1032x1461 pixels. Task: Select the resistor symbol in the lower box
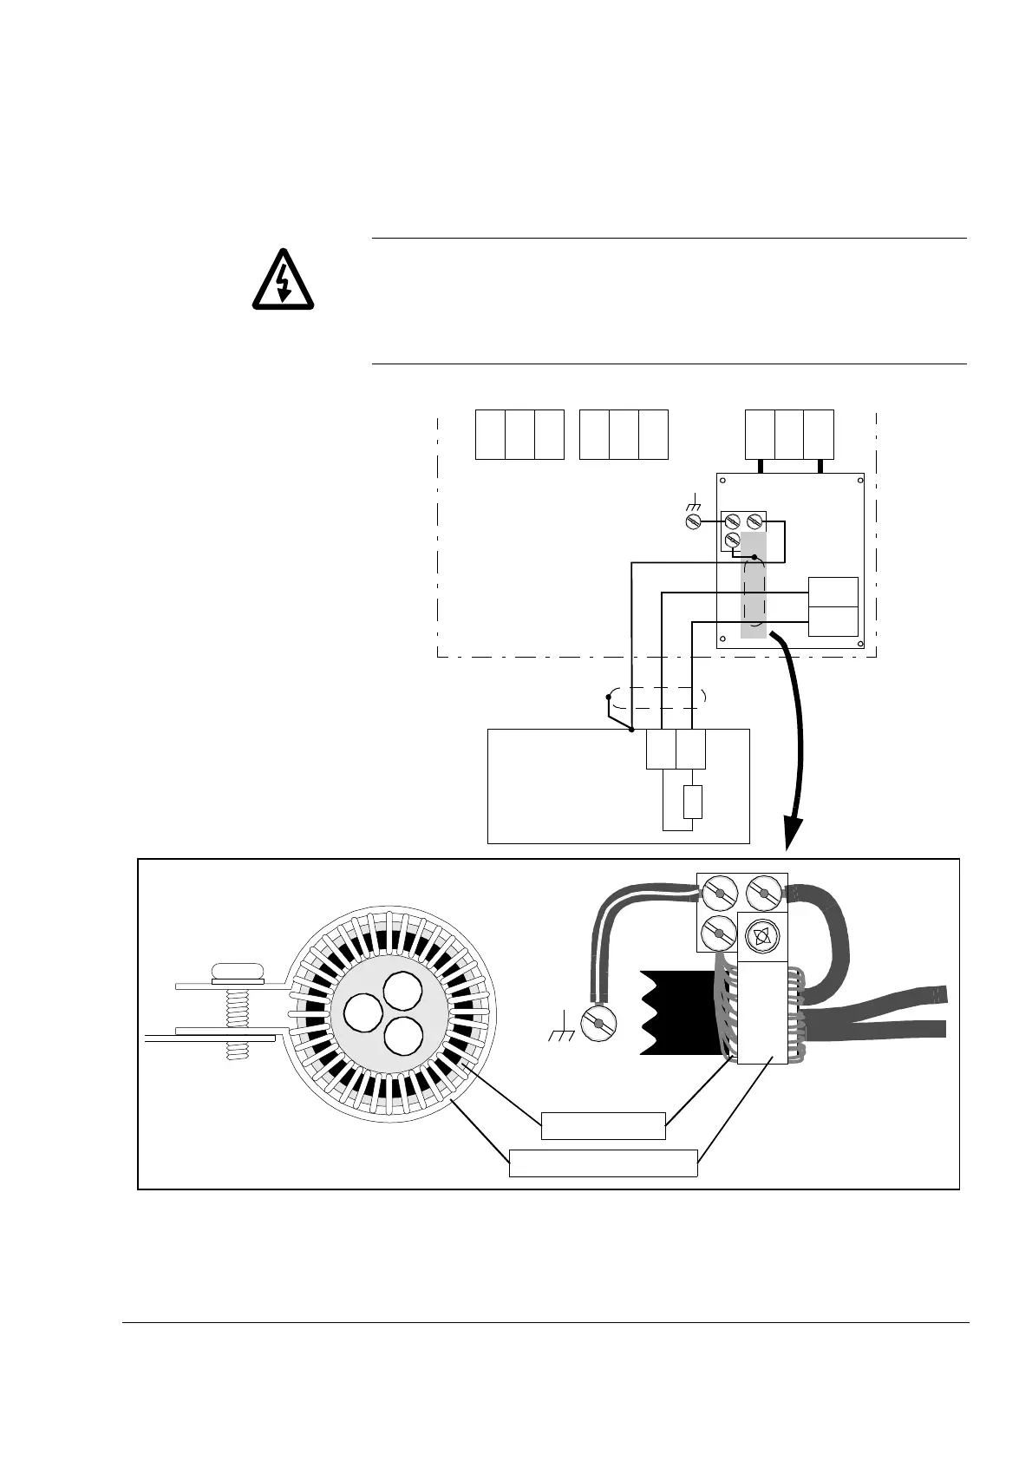[692, 802]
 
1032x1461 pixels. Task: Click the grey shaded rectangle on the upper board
[754, 586]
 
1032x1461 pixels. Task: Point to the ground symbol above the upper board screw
[693, 503]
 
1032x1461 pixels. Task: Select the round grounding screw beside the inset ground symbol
[598, 1023]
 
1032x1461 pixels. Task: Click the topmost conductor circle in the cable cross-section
[402, 990]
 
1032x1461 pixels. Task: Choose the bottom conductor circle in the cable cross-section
[402, 1036]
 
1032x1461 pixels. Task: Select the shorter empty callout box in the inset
[603, 1125]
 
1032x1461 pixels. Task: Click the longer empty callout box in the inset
[603, 1163]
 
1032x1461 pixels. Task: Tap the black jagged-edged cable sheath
[681, 1012]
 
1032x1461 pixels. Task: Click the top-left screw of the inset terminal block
[719, 892]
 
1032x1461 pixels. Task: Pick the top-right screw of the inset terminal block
[762, 892]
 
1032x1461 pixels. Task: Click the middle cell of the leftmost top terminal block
[519, 434]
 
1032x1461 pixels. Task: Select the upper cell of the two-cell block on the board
[833, 592]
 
